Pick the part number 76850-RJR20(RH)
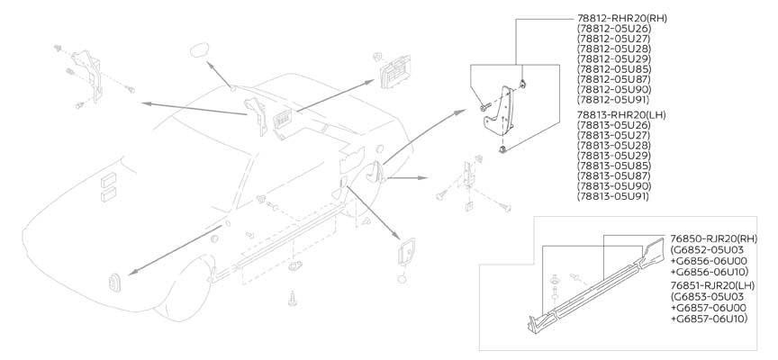[715, 238]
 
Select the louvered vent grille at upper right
[394, 70]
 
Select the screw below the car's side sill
[293, 296]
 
